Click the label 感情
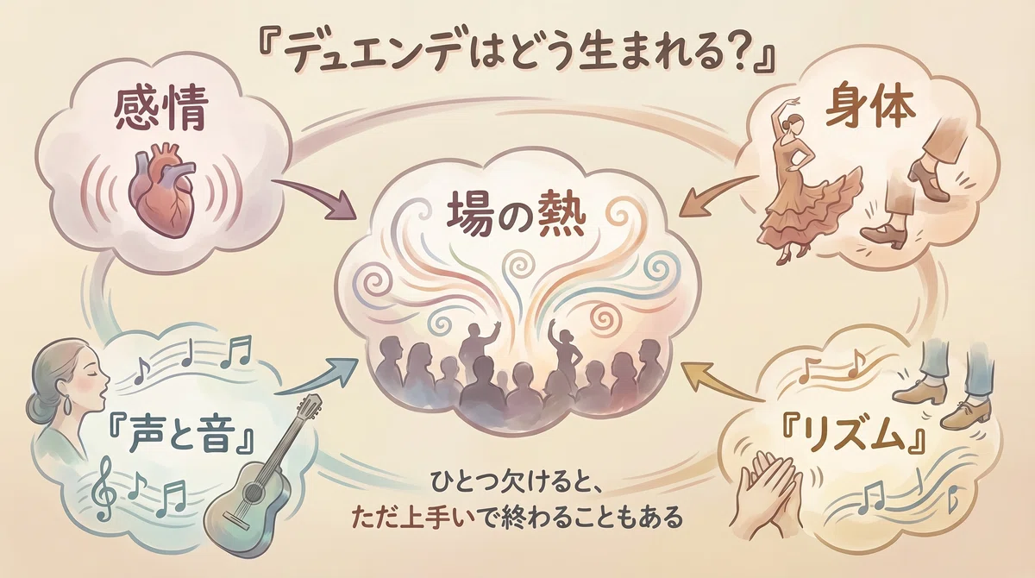pyautogui.click(x=160, y=110)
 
